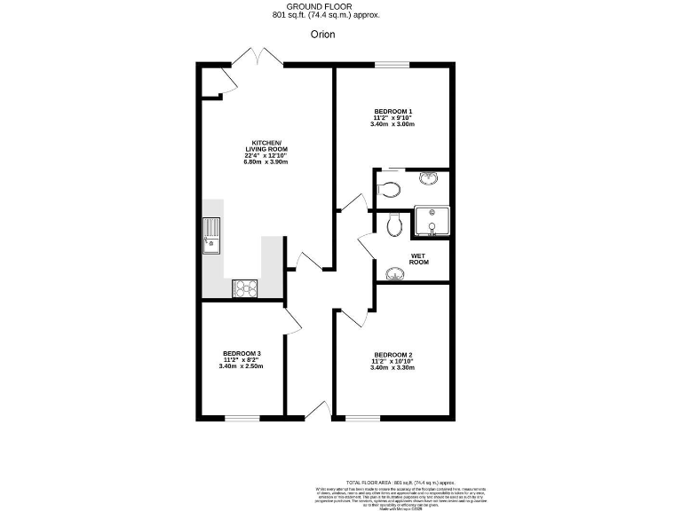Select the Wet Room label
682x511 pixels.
419,259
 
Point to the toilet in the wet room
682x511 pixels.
396,226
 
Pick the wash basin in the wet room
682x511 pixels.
395,273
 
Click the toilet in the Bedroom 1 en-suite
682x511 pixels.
387,187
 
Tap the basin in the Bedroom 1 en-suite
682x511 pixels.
430,177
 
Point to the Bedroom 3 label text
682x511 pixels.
242,354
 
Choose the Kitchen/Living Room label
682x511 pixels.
266,143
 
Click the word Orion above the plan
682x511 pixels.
322,35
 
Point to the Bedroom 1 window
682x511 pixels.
392,64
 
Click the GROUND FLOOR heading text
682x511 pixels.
322,6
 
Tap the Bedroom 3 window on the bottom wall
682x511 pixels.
241,417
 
